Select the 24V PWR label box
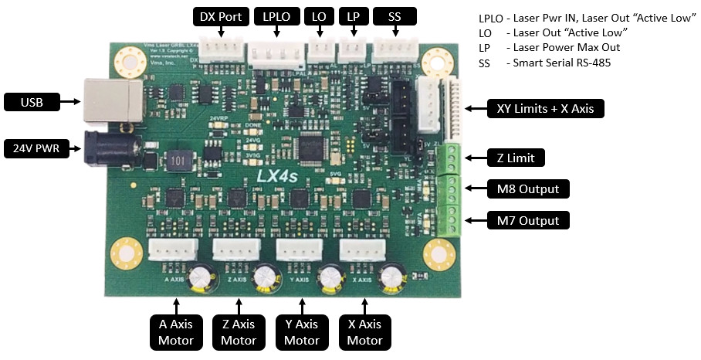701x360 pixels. (36, 148)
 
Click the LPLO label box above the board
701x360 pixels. (276, 16)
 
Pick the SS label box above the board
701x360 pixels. (394, 16)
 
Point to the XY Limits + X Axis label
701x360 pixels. (544, 109)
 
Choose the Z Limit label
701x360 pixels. (516, 158)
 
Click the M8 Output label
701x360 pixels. (528, 188)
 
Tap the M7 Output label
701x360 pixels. (528, 220)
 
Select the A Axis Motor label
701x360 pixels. (175, 331)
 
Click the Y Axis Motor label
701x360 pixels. (301, 331)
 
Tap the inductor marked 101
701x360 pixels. (179, 160)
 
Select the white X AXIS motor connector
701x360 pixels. (363, 252)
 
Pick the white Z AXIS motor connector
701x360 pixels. (234, 252)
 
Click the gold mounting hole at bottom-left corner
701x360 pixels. (123, 252)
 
